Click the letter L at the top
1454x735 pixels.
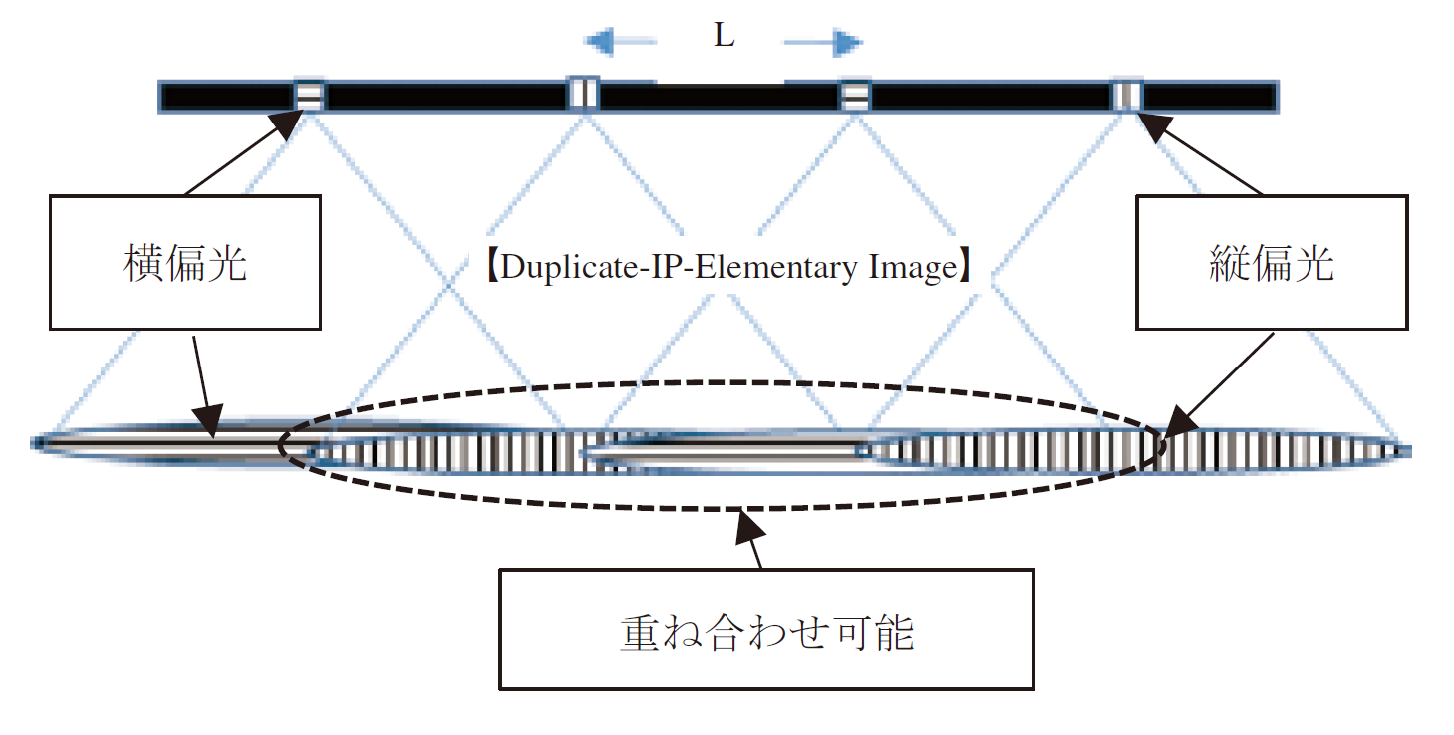pos(724,37)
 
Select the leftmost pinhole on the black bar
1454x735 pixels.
pos(309,96)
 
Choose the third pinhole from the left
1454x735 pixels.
pos(855,96)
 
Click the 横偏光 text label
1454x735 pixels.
pos(184,265)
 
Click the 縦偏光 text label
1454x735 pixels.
pos(1270,265)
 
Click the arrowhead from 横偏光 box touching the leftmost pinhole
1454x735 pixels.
pos(287,125)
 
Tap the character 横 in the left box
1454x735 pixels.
pos(140,265)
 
